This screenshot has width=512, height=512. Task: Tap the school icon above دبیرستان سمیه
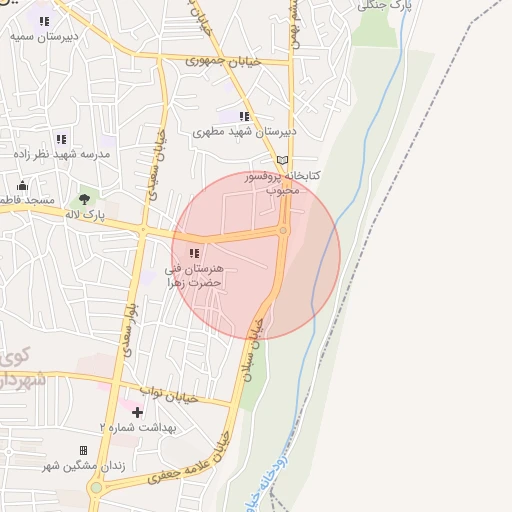pyautogui.click(x=44, y=20)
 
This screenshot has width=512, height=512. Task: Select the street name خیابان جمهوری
pyautogui.click(x=222, y=61)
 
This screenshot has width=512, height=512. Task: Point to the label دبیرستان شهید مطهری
pyautogui.click(x=245, y=131)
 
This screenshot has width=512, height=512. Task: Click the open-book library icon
pyautogui.click(x=282, y=160)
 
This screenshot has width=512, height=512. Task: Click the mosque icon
pyautogui.click(x=22, y=185)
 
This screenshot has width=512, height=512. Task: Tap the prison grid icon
pyautogui.click(x=83, y=450)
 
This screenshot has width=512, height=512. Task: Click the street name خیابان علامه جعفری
pyautogui.click(x=189, y=466)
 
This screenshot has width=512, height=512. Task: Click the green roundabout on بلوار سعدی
pyautogui.click(x=97, y=489)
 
